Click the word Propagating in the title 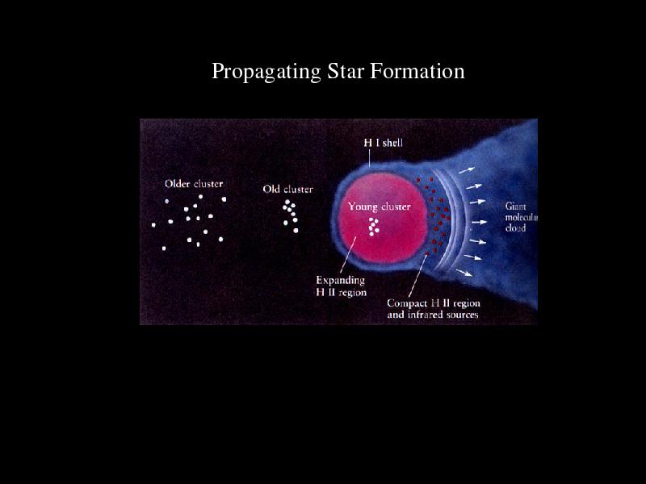pos(266,72)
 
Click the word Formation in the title pos(417,71)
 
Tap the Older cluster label pos(194,184)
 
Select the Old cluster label pos(288,190)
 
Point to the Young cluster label pos(380,207)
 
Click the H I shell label pos(383,143)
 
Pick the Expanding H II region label pos(341,286)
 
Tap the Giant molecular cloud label pos(521,217)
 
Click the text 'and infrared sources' pos(433,315)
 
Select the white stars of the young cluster pos(374,227)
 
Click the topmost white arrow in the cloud pos(467,170)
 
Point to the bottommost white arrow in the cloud pos(464,273)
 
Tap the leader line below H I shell pos(369,158)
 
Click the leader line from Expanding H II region pos(349,255)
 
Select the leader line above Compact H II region pos(417,276)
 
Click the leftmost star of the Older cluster pos(153,225)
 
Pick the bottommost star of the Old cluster pos(296,231)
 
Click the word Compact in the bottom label pos(407,303)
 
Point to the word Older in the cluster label pos(177,184)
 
